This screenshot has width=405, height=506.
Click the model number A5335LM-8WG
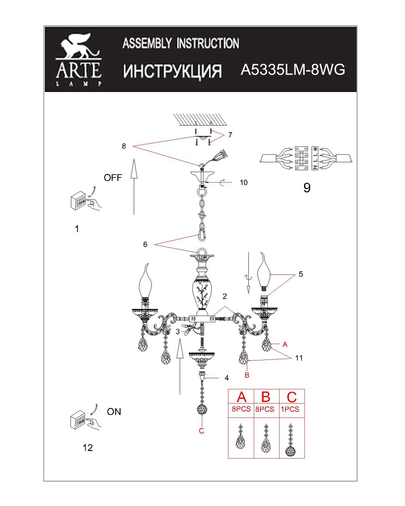(293, 70)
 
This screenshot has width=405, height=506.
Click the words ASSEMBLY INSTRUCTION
(181, 43)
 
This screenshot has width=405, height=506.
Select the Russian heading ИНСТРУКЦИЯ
(173, 71)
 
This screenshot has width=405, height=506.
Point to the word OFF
(113, 178)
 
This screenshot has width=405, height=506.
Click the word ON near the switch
(114, 412)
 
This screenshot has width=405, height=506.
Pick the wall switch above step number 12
(86, 419)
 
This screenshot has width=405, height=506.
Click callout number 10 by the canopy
(244, 183)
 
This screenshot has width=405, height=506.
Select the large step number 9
(307, 188)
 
